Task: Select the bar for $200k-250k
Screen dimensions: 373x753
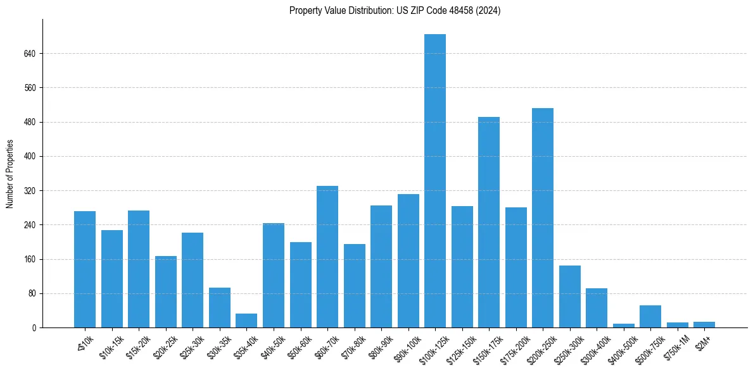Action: click(x=543, y=218)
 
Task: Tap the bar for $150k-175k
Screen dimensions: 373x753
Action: click(x=489, y=223)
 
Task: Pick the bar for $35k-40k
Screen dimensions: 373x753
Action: click(x=246, y=321)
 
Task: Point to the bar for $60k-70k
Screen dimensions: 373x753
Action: click(x=327, y=257)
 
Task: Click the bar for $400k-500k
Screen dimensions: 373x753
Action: click(x=624, y=326)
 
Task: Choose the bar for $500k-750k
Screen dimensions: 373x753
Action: click(x=650, y=317)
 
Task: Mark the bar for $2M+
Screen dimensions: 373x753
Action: click(x=704, y=325)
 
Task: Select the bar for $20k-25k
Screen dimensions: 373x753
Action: click(x=166, y=292)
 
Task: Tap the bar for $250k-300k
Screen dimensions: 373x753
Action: click(x=570, y=297)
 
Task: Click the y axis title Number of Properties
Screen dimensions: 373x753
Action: click(x=10, y=174)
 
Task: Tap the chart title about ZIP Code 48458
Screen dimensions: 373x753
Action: click(x=395, y=11)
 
